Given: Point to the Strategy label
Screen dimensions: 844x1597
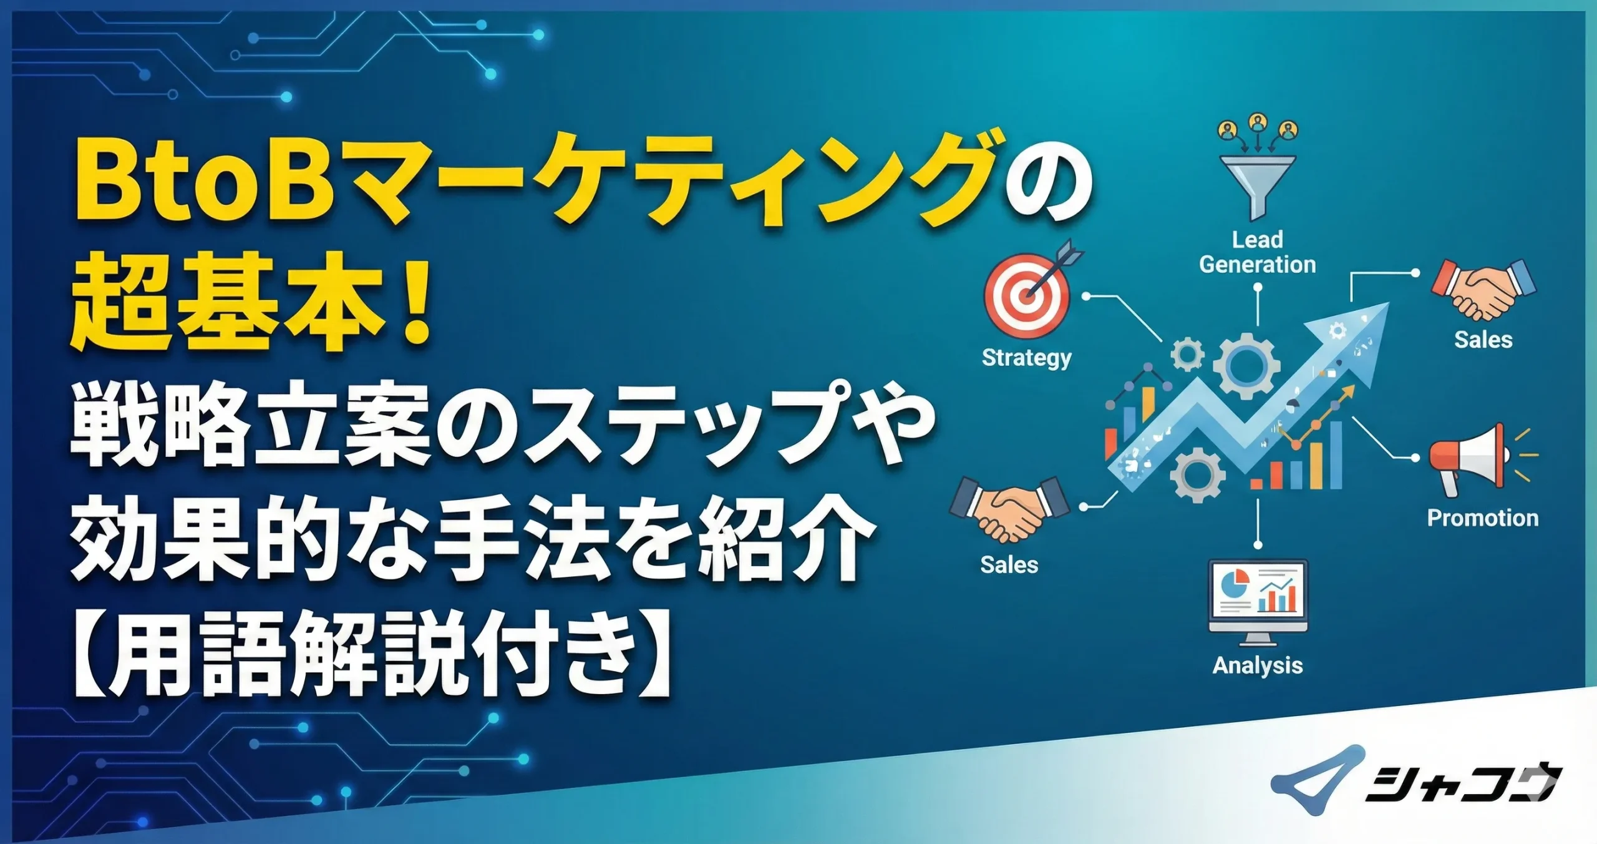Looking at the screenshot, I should tap(1026, 358).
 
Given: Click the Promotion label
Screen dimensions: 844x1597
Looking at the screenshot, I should tap(1483, 518).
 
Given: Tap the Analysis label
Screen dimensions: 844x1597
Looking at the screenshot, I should tap(1258, 665).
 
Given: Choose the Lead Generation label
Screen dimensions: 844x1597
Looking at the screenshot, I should tap(1258, 252).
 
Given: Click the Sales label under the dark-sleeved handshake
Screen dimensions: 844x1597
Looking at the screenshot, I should tap(1009, 565).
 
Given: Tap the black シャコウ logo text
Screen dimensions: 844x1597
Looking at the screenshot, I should tap(1460, 783).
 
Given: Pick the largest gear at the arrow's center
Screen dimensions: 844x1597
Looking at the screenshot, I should tap(1245, 365).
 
